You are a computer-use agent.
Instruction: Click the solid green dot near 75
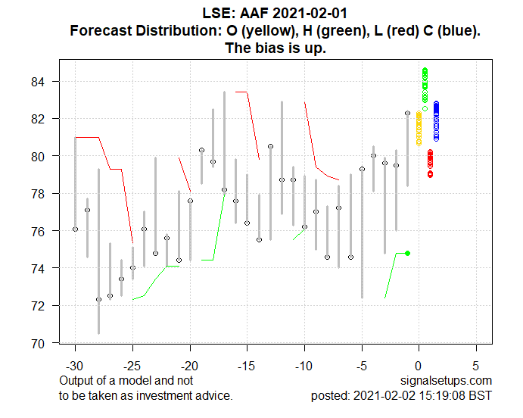pyautogui.click(x=408, y=253)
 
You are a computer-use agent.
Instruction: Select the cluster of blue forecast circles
pyautogui.click(x=436, y=121)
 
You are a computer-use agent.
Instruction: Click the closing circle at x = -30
pyautogui.click(x=75, y=229)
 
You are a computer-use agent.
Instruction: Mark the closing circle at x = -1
pyautogui.click(x=407, y=113)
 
